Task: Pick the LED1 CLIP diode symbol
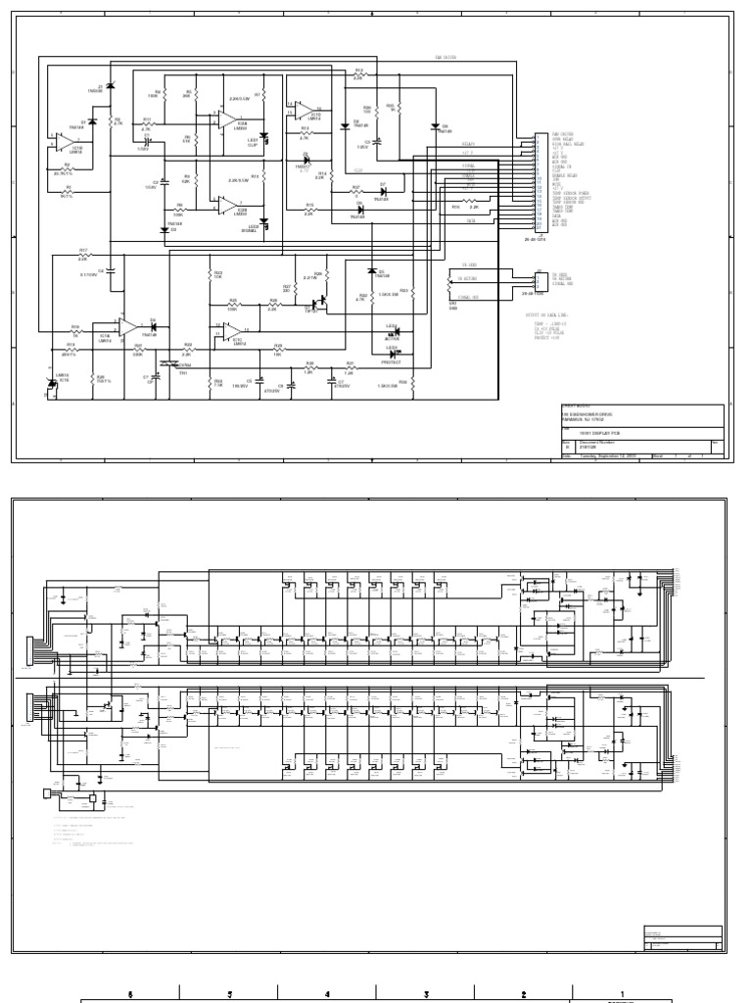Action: pos(262,137)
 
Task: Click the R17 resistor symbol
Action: pos(83,254)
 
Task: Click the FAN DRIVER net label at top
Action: pos(446,57)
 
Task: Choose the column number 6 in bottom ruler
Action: pos(130,994)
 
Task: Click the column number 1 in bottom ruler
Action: pos(622,994)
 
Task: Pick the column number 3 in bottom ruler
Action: pos(426,994)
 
